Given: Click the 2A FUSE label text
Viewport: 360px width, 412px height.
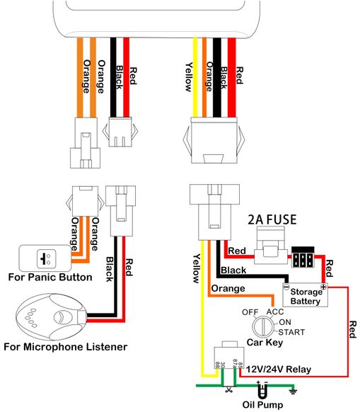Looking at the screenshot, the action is [272, 219].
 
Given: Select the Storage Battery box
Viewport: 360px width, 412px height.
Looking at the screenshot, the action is [305, 294].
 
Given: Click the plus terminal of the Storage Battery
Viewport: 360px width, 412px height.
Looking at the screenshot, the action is [323, 287].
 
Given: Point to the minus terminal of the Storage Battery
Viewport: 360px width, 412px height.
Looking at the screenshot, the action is [286, 287].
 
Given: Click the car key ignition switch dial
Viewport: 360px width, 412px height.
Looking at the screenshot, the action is [263, 327].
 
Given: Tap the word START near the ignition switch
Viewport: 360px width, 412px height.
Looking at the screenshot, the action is [291, 332].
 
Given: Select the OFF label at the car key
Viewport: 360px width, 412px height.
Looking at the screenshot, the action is [250, 312].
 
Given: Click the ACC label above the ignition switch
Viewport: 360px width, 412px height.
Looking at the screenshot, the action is [275, 312].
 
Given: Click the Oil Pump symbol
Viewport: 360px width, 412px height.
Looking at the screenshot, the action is [262, 390].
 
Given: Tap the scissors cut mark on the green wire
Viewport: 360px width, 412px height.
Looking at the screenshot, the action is [229, 389].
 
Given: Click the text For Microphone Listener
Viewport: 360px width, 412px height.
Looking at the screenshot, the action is [65, 347].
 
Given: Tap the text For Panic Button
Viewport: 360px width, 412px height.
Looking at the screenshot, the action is [50, 277].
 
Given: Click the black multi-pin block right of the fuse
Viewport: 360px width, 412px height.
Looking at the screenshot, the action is [303, 257].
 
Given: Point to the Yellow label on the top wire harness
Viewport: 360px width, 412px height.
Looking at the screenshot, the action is [189, 77].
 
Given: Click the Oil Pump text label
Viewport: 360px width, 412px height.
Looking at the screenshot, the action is [262, 405].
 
